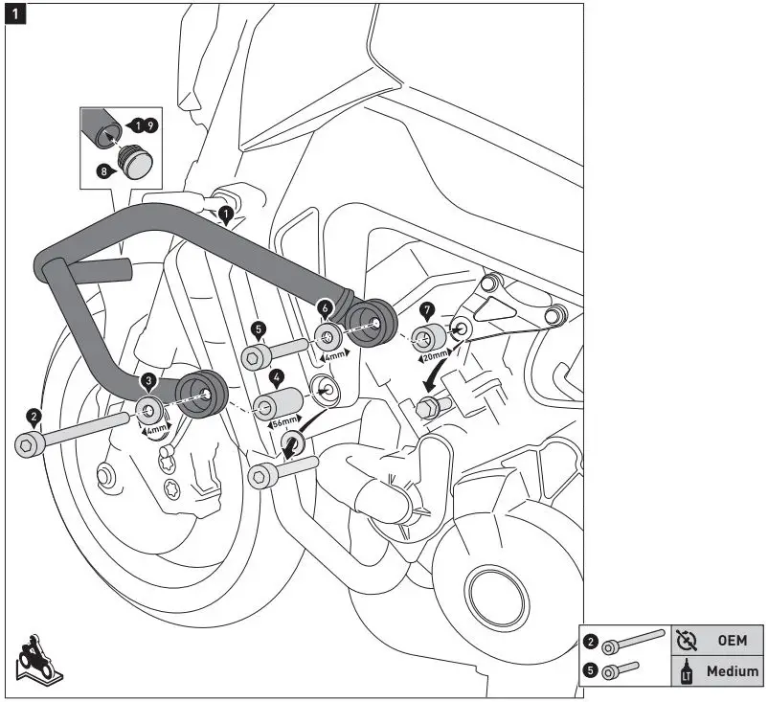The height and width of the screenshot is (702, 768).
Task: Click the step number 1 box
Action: pyautogui.click(x=15, y=14)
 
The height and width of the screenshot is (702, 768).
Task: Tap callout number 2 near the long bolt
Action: pyautogui.click(x=34, y=418)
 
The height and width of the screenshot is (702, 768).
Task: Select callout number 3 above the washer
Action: pyautogui.click(x=148, y=381)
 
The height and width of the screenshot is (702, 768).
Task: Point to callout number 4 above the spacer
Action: pyautogui.click(x=276, y=377)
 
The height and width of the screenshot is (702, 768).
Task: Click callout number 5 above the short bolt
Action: pyautogui.click(x=259, y=329)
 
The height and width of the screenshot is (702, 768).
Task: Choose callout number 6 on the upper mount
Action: pyautogui.click(x=325, y=308)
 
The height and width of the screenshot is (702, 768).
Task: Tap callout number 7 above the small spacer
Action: pyautogui.click(x=427, y=310)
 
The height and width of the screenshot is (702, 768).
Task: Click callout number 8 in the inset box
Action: pyautogui.click(x=104, y=171)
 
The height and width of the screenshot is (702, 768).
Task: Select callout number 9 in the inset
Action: pyautogui.click(x=150, y=125)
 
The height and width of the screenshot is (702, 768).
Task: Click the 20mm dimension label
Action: pyautogui.click(x=436, y=356)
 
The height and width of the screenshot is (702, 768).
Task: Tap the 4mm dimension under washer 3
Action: pyautogui.click(x=156, y=429)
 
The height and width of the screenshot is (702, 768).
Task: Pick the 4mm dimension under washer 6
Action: pyautogui.click(x=334, y=355)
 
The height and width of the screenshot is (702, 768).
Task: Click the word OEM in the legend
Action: pyautogui.click(x=733, y=641)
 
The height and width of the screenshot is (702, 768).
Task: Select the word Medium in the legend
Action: pyautogui.click(x=733, y=670)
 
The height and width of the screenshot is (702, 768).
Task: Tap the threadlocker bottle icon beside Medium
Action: pyautogui.click(x=688, y=671)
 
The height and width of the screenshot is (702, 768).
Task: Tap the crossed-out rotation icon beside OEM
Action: pyautogui.click(x=687, y=641)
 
